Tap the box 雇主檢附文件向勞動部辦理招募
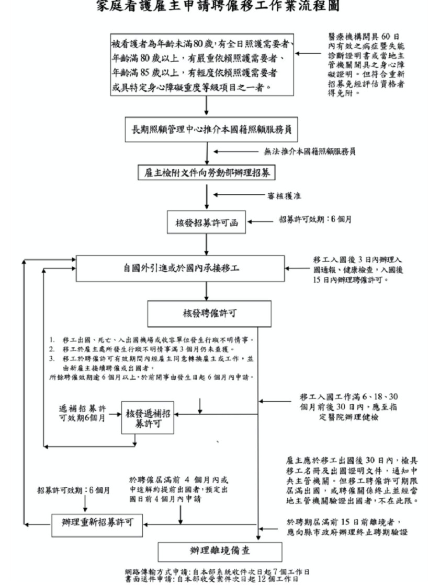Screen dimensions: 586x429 click(x=207, y=172)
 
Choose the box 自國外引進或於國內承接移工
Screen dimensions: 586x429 click(x=180, y=268)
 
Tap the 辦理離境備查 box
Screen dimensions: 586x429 click(x=215, y=552)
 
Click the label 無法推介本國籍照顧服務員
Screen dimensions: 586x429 click(x=310, y=152)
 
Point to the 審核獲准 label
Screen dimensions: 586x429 click(x=284, y=196)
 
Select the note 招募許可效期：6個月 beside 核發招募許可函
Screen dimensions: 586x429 click(x=314, y=220)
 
